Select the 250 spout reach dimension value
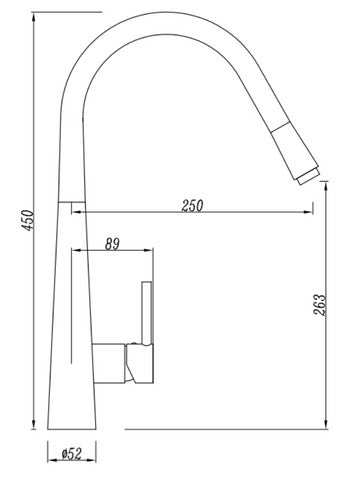pyautogui.click(x=193, y=206)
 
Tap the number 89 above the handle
pyautogui.click(x=112, y=241)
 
